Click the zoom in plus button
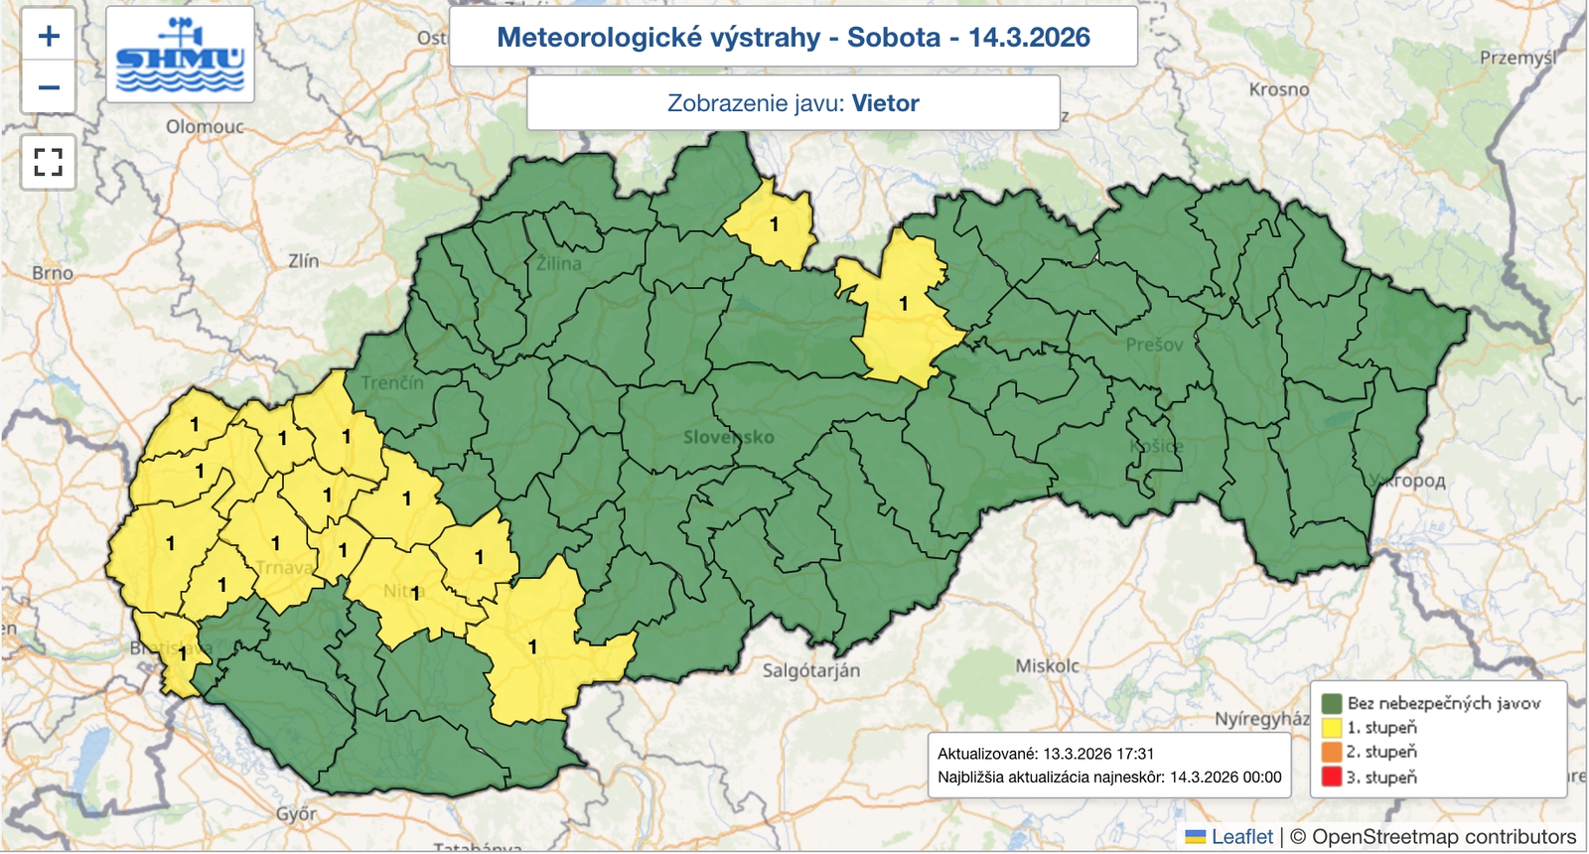[49, 37]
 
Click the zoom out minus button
[49, 87]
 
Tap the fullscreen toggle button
[49, 162]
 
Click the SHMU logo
[180, 56]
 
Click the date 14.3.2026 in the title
[1029, 38]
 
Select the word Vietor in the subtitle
[885, 103]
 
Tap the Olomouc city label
[205, 127]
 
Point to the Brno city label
[53, 273]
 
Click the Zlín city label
[303, 261]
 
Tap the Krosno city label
[1279, 89]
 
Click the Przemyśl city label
[1517, 58]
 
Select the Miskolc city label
[1047, 666]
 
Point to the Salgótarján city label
[810, 670]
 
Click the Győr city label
[296, 814]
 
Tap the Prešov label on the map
[1154, 345]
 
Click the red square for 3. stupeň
[1332, 777]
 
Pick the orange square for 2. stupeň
[1332, 752]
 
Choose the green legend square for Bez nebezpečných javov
[1332, 703]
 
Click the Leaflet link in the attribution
[1241, 837]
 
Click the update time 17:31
[1134, 754]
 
